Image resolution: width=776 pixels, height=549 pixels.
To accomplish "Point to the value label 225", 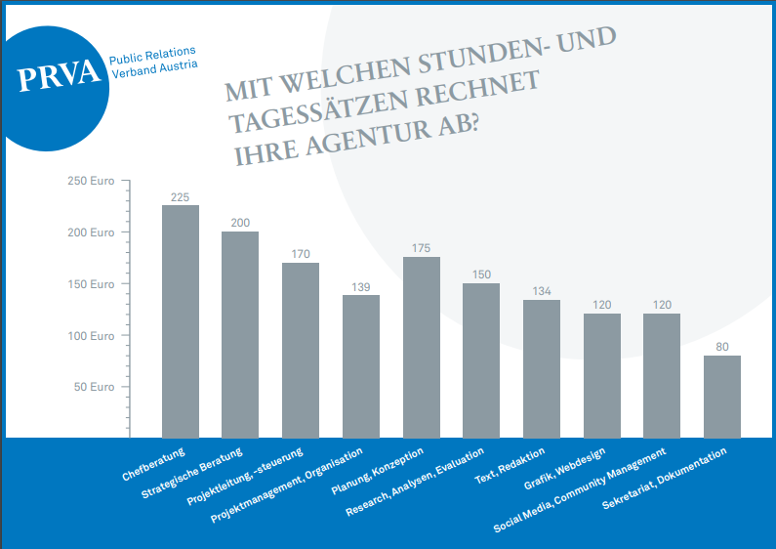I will coord(180,197).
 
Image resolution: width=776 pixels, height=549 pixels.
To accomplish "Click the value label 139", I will coord(360,286).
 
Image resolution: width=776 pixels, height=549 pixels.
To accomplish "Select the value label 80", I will coord(722,346).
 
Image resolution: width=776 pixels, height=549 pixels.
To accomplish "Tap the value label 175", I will coord(421,248).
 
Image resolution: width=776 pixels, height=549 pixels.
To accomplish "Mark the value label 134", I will coord(542,291).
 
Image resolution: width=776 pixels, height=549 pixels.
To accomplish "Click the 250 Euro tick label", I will coord(91,182).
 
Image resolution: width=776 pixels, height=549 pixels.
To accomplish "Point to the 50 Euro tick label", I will coord(95,387).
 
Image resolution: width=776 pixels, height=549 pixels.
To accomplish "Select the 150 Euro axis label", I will coord(91,284).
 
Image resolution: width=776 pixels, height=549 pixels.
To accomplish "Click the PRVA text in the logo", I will coord(60,77).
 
